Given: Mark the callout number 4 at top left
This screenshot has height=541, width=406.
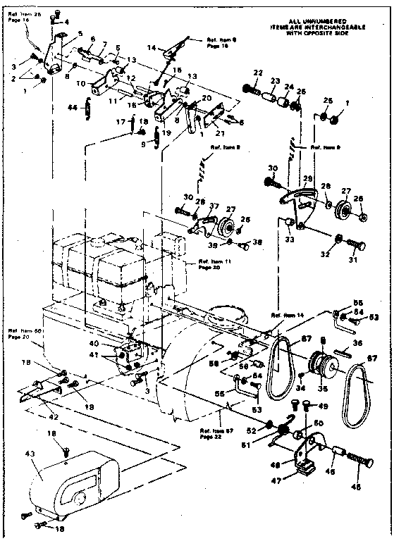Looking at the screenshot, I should click(x=68, y=22).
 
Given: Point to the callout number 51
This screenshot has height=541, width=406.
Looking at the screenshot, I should click(x=266, y=445).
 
